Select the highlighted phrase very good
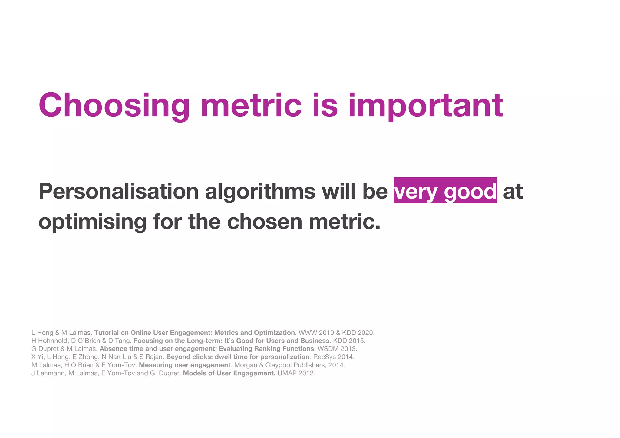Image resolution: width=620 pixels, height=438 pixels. [x=445, y=191]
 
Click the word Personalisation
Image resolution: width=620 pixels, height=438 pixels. [x=118, y=191]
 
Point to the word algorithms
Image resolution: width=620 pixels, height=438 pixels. [x=260, y=191]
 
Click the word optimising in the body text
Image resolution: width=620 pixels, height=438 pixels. [x=92, y=222]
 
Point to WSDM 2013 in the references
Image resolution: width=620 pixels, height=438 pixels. [x=337, y=349]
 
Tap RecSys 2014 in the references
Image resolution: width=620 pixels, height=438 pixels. [x=333, y=357]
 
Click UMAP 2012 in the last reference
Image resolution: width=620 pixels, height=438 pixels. [x=296, y=373]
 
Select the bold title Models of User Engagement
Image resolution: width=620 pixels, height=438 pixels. [x=229, y=373]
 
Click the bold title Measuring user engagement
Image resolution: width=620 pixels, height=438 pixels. [x=185, y=365]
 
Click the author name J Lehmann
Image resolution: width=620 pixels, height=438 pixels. [x=48, y=373]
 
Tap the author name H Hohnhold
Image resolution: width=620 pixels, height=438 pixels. [x=49, y=341]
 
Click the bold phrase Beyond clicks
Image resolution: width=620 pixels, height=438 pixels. [x=189, y=357]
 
